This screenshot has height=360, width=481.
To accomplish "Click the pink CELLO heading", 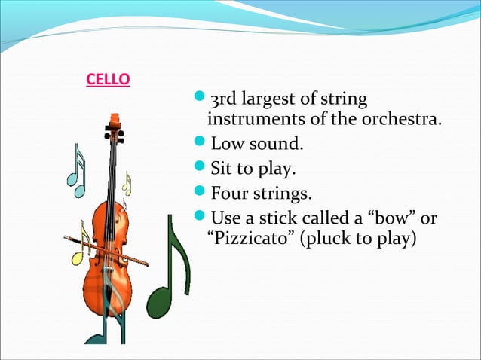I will (106, 78).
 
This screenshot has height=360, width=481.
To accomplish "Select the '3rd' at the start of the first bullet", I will (225, 99).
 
